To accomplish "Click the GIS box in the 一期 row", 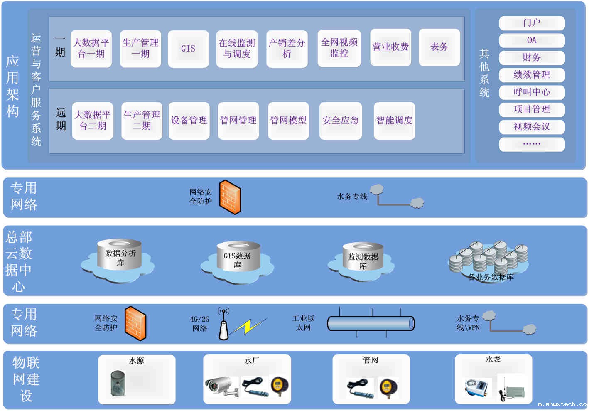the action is point(188,49).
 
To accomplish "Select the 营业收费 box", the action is point(390,47).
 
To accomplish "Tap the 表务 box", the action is point(439,47).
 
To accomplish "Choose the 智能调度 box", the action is point(394,121).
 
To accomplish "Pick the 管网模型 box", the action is point(288,121).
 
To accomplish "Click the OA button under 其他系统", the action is point(532,40).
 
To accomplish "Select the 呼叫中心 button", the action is point(532,92).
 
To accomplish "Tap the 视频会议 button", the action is point(532,127).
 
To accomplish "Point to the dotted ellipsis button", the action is point(532,144).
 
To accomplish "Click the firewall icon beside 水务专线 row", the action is point(230,197).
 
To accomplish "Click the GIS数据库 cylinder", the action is point(238,256).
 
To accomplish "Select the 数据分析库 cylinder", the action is point(119,254).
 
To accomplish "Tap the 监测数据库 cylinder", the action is point(363,256).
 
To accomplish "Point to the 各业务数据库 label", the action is point(491,277).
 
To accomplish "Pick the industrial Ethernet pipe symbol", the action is point(371,323).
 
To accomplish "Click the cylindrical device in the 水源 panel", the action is point(118,383).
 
